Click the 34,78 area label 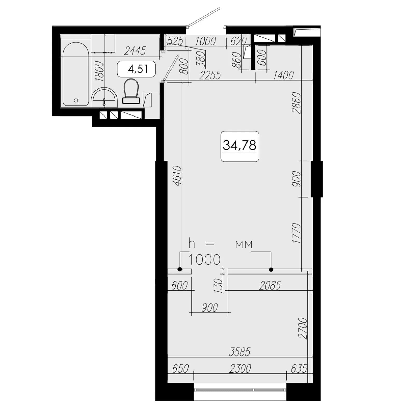240,146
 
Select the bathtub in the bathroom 76,74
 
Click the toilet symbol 131,91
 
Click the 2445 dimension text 135,51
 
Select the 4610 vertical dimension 177,176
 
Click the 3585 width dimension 240,352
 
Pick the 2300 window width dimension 240,368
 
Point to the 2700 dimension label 303,328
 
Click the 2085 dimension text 270,285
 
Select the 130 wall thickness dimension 219,286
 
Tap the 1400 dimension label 283,75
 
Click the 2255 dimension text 210,75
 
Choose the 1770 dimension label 296,233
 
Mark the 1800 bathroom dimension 99,71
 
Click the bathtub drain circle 76,100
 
